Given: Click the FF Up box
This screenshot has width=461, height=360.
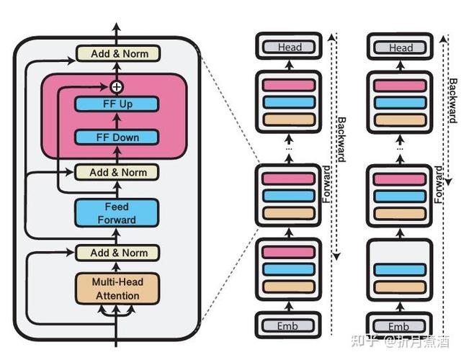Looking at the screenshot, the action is (x=117, y=104).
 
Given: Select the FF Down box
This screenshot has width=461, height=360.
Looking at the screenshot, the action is (x=117, y=138).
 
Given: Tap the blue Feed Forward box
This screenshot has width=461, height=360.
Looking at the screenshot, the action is (x=117, y=213).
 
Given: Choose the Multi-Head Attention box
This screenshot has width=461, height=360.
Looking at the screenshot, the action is (x=117, y=289).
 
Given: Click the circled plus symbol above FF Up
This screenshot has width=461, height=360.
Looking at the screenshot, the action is (x=117, y=86).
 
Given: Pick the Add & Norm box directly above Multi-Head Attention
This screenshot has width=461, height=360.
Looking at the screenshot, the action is (x=117, y=253).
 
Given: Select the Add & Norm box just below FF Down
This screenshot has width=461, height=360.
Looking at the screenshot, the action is (x=117, y=172).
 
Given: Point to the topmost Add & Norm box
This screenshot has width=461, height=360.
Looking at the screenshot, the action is (x=118, y=53).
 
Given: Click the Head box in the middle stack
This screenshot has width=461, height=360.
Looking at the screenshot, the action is (x=288, y=47).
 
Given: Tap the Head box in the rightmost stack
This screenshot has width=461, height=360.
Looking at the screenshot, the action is (x=400, y=48).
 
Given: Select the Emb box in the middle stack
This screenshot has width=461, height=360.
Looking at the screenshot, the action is (x=288, y=325).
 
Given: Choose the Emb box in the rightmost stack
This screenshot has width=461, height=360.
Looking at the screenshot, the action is (x=399, y=326).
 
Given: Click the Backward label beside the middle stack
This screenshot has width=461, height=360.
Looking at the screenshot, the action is (x=341, y=139).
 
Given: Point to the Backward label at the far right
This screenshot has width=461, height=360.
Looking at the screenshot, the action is (x=453, y=101).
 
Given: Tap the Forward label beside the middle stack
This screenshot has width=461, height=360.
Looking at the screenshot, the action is (x=326, y=184).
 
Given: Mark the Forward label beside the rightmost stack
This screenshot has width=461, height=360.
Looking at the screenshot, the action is (x=439, y=184).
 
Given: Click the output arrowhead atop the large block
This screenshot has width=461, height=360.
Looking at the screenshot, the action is (x=117, y=26).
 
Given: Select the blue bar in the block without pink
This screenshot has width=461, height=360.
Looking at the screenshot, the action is (x=400, y=270).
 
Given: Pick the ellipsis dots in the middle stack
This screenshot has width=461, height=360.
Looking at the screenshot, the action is (x=289, y=148).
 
